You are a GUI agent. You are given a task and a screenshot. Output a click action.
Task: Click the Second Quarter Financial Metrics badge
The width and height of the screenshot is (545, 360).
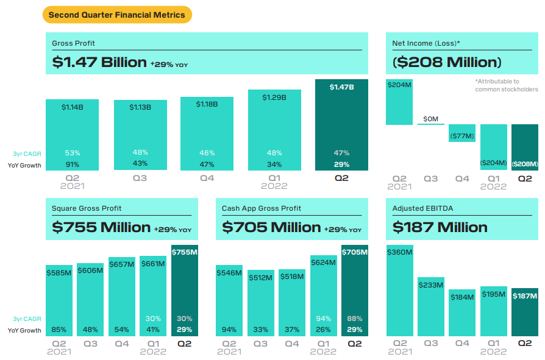117,15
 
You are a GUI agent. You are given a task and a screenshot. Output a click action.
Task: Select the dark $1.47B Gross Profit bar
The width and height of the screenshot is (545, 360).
341,125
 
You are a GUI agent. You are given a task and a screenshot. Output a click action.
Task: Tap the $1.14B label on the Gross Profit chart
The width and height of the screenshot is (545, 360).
73,107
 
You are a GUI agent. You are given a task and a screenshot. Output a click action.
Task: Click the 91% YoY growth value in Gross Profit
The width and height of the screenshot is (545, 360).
73,164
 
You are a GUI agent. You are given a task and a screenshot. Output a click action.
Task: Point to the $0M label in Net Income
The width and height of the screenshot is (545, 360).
430,119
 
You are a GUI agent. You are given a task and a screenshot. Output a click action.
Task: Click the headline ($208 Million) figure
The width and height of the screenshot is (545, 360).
447,62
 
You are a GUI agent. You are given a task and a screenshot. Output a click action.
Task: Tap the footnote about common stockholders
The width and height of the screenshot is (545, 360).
506,85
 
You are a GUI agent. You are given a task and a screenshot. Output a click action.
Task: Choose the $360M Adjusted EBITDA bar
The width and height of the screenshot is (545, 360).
399,290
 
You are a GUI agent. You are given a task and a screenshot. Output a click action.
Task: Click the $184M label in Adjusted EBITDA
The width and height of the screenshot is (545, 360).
462,297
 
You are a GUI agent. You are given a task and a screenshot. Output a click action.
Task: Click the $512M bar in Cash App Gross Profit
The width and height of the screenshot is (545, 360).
260,303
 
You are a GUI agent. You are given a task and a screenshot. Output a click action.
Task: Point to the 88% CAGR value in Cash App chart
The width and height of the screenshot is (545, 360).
354,319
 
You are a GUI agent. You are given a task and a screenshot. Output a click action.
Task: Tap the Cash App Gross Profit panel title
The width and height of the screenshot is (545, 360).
262,208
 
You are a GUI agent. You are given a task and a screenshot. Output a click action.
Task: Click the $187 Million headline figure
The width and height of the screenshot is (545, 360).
440,227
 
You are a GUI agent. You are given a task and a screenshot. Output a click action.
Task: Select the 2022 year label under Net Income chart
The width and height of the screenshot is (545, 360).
493,186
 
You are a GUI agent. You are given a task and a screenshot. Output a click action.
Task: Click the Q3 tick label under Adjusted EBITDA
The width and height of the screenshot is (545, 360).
430,343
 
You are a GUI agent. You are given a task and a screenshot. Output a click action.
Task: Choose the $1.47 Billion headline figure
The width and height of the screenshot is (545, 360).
99,62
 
